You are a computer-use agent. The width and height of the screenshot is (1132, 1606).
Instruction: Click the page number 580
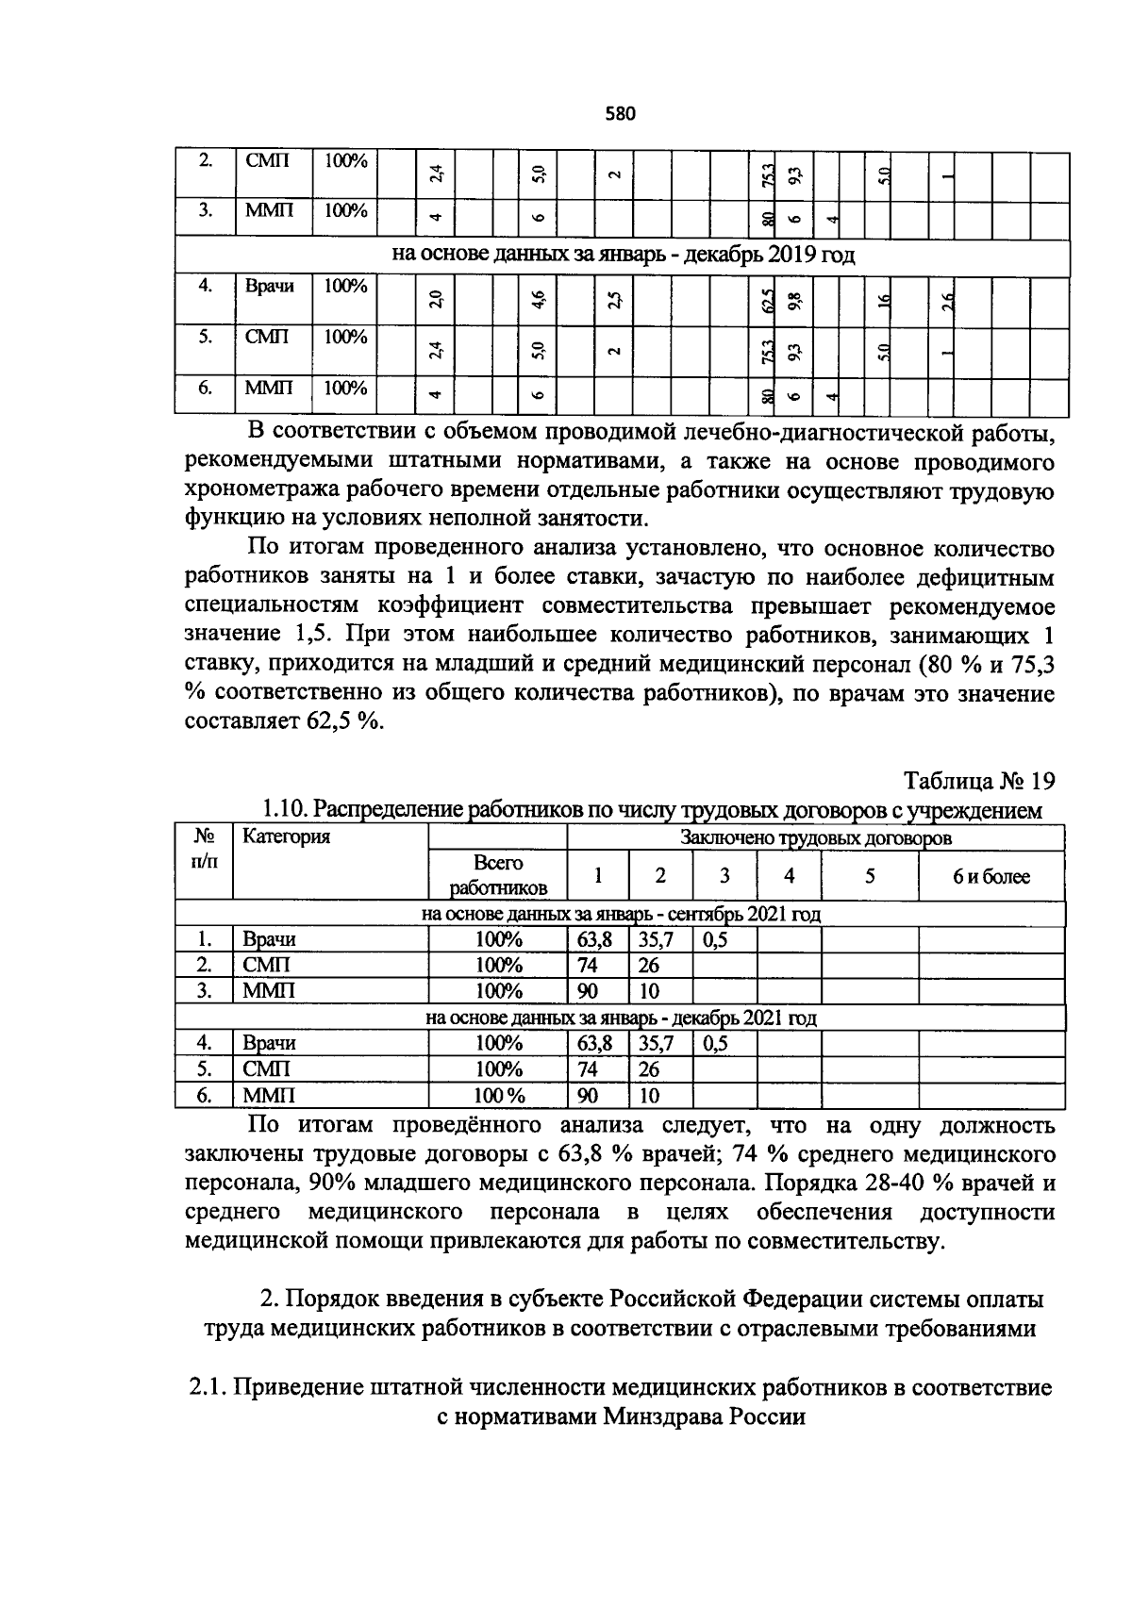(x=621, y=114)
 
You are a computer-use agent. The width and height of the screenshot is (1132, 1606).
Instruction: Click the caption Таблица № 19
(x=978, y=782)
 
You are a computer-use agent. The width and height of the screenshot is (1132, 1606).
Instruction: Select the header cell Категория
(x=286, y=836)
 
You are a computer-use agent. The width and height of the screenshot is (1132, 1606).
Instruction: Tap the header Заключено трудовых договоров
(x=815, y=837)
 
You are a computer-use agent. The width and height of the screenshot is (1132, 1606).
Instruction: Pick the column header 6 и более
(x=990, y=877)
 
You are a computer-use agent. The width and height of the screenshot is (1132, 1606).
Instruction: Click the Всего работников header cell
(x=497, y=876)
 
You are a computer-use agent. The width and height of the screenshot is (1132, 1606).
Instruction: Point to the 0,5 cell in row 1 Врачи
(x=716, y=940)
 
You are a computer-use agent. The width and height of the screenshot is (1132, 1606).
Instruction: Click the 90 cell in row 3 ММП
(x=587, y=991)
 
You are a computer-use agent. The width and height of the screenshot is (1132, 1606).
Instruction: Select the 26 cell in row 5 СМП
(x=649, y=1069)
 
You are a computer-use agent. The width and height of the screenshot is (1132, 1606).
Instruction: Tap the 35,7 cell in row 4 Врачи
(x=657, y=1044)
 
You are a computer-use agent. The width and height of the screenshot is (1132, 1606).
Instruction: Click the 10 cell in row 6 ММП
(x=649, y=1096)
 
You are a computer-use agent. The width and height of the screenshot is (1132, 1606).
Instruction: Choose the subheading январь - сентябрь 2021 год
(x=621, y=915)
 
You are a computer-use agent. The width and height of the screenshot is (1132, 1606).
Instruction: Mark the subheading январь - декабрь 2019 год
(x=624, y=256)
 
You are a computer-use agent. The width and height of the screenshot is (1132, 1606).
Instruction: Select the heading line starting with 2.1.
(x=621, y=1388)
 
